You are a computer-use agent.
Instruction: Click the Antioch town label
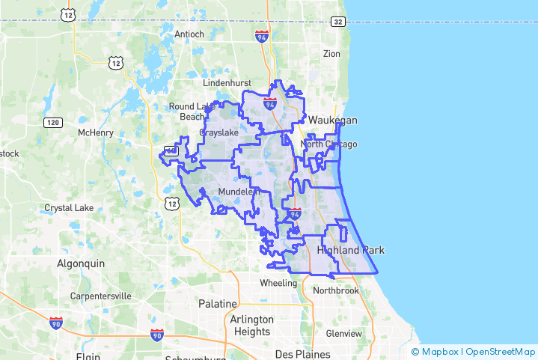coord(189,34)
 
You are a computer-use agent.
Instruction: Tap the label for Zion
coord(331,54)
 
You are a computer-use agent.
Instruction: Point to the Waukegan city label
coord(333,120)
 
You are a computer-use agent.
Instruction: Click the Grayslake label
coord(218,132)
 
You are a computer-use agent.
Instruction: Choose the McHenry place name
coord(95,132)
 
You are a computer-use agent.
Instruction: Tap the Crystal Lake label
coord(69,207)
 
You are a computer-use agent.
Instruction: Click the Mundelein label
coord(238,192)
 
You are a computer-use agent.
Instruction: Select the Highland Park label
coord(350,250)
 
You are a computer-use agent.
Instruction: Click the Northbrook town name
coord(336,290)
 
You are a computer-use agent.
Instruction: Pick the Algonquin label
coord(81,263)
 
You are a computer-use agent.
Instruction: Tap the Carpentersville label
coord(100,296)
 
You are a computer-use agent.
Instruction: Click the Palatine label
coord(217,304)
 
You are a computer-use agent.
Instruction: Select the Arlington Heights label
coord(252,325)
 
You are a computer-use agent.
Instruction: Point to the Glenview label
coord(344,333)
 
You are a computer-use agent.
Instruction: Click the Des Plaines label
coord(297,353)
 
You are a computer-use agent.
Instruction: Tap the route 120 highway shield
coord(52,122)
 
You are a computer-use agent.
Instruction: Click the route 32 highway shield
coord(339,22)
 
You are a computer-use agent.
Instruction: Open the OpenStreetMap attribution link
coord(498,351)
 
